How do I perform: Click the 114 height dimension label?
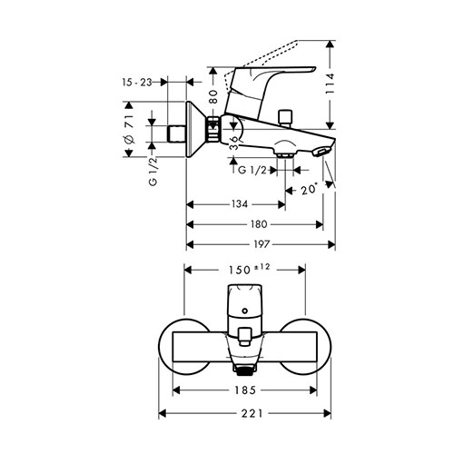coord(330,84)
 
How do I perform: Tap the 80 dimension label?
coord(213,97)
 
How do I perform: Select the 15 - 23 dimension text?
coord(137,82)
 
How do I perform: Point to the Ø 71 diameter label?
coord(129,129)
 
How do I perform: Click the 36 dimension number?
coord(233,143)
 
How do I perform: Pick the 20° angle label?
coord(309,190)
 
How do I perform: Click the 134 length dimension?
coord(240,204)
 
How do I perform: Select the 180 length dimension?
coord(259,224)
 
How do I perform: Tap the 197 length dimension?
coord(261,244)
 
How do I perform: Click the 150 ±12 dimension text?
coord(249,270)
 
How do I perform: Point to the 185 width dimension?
coord(245,390)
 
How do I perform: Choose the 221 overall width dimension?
coord(252,413)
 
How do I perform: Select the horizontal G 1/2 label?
coord(252,171)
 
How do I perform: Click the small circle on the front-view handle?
coord(245,311)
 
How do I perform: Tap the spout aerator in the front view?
coord(244,370)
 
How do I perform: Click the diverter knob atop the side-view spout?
coord(285,118)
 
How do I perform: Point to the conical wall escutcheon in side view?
coord(196,129)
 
